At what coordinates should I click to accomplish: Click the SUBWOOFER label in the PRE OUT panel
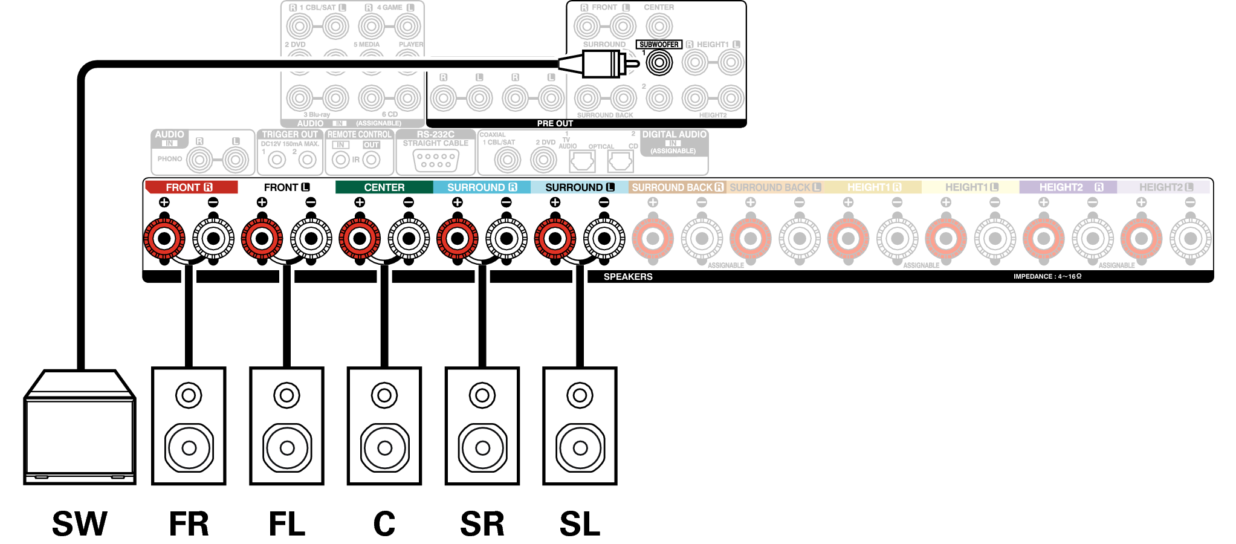click(x=659, y=44)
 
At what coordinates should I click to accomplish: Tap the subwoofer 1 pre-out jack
click(x=659, y=62)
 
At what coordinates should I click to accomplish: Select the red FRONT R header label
click(x=191, y=187)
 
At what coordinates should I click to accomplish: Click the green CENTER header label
click(x=384, y=187)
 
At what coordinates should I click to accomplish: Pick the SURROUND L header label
click(x=579, y=187)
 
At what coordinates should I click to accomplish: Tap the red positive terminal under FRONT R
click(x=164, y=239)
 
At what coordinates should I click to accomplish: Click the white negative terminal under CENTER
click(x=409, y=239)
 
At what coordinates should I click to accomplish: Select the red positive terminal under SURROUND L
click(x=555, y=239)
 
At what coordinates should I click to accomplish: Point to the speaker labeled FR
click(x=189, y=426)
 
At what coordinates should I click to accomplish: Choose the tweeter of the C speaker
click(x=384, y=396)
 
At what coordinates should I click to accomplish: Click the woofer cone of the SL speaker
click(x=580, y=448)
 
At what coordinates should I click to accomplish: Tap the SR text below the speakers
click(x=482, y=523)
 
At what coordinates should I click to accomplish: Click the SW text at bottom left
click(x=79, y=523)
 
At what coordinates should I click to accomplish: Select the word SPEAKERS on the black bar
click(x=628, y=277)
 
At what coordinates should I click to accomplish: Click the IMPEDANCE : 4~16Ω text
click(x=1047, y=277)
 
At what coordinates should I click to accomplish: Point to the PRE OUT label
click(x=555, y=123)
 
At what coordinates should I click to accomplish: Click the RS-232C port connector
click(x=436, y=160)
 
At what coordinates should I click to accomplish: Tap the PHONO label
click(x=169, y=159)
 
